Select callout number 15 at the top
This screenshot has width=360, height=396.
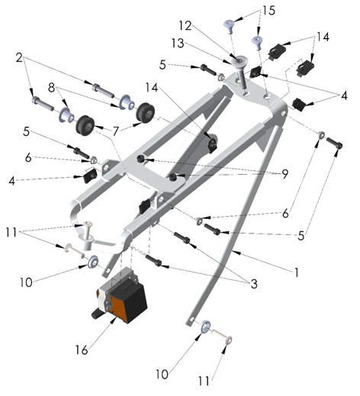(246, 12)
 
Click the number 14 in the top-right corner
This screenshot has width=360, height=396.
(323, 36)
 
